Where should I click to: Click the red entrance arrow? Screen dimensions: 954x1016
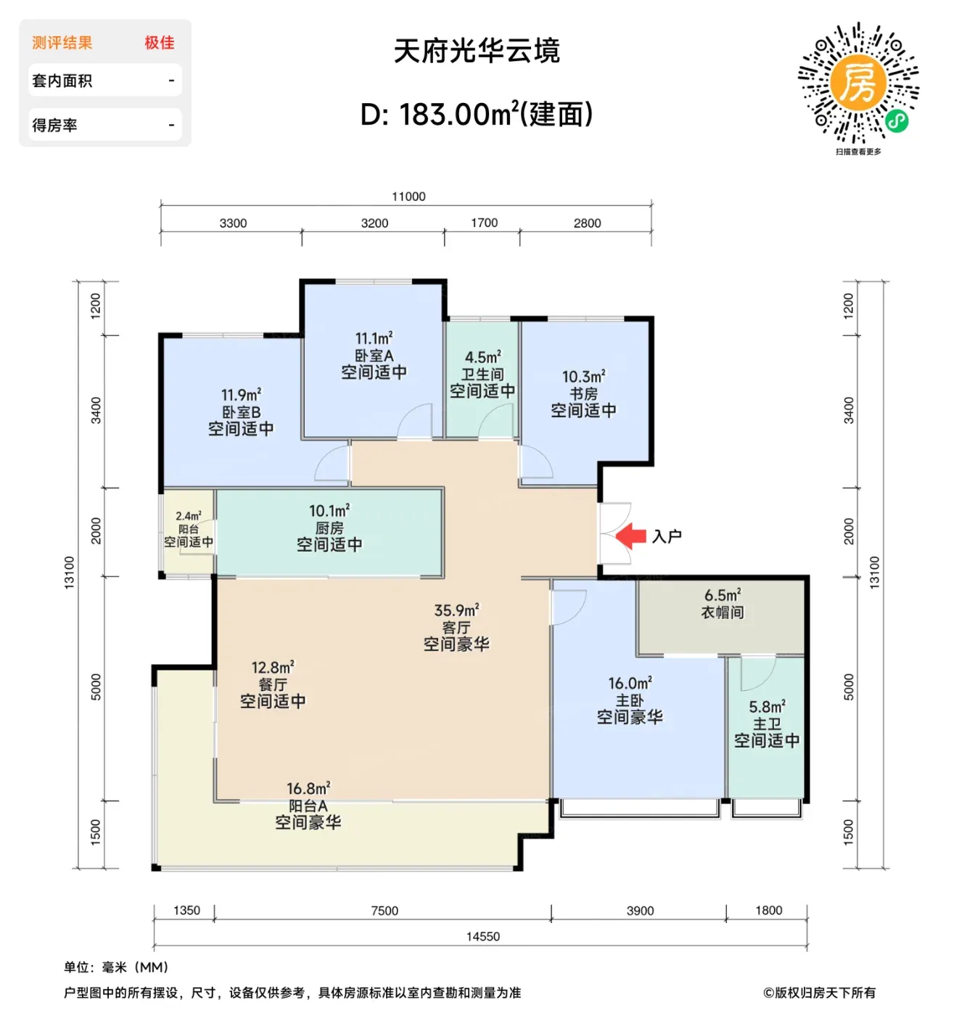[x=630, y=536]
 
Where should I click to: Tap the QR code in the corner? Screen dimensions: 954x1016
[x=858, y=82]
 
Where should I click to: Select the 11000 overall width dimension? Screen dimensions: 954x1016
[x=408, y=197]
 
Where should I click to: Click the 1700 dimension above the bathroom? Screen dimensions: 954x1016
[x=484, y=223]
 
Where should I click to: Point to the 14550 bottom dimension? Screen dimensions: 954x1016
[x=482, y=936]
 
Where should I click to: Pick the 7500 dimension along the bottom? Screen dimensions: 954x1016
[x=385, y=911]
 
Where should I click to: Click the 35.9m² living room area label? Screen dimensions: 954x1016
[x=456, y=610]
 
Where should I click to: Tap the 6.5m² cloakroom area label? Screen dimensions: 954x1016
[x=723, y=594]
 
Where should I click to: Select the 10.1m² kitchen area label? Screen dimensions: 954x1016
[x=329, y=510]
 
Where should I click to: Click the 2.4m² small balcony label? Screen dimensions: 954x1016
[x=188, y=516]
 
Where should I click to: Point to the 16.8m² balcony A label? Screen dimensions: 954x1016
[x=308, y=788]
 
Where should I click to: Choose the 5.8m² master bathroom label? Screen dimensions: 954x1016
[x=767, y=707]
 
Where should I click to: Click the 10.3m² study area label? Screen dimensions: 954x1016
[x=584, y=377]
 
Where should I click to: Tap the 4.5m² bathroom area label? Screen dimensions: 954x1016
[x=482, y=357]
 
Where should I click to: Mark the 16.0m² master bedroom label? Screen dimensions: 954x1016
[x=630, y=683]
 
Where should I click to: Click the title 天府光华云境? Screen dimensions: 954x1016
[x=477, y=51]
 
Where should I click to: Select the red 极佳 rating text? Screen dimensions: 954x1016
[x=159, y=43]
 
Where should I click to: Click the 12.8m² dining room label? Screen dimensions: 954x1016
[x=273, y=667]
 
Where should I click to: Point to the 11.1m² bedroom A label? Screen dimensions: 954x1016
[x=374, y=338]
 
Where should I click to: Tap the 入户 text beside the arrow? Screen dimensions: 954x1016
[x=667, y=536]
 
